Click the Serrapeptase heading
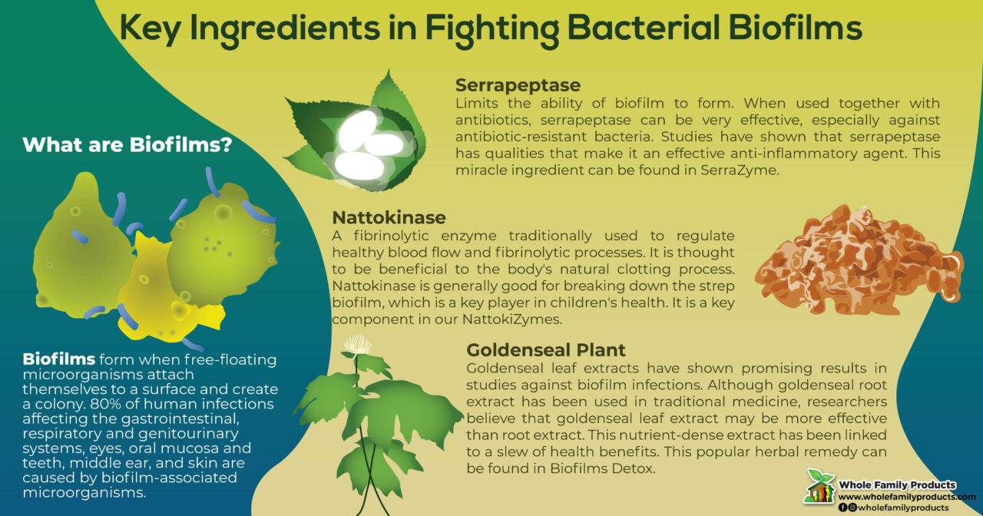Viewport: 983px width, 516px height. click(x=518, y=84)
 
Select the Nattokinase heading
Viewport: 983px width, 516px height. click(x=389, y=217)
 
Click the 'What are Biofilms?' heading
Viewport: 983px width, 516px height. click(x=127, y=144)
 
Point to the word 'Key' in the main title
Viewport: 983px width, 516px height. click(x=153, y=28)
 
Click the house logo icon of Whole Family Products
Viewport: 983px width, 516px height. click(x=819, y=486)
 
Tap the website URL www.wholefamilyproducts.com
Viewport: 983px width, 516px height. click(x=907, y=497)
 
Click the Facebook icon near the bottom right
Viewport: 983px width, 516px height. click(x=842, y=508)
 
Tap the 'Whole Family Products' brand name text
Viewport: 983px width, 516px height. click(x=897, y=485)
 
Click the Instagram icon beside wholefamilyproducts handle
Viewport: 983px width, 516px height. click(x=852, y=508)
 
